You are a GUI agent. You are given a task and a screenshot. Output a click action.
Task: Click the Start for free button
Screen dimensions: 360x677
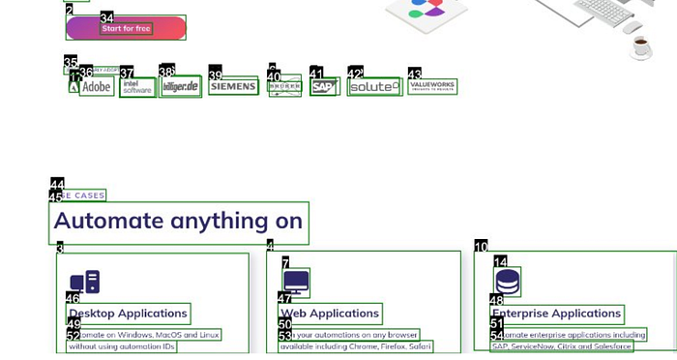click(126, 28)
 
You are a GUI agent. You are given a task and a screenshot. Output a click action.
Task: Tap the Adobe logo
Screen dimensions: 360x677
click(97, 87)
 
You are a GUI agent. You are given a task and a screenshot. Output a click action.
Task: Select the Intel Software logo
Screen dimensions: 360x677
click(137, 88)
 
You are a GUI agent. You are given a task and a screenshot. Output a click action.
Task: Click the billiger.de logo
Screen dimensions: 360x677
click(181, 87)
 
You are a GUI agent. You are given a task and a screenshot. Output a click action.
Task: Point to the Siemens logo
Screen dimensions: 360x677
click(233, 87)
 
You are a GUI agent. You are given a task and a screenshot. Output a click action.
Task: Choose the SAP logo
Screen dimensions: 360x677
click(323, 87)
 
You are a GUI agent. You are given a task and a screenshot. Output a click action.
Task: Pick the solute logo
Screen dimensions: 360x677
click(373, 87)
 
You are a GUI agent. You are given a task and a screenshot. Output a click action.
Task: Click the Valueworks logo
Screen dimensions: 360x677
click(431, 86)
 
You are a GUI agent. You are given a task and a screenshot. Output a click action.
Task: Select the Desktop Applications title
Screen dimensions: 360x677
click(129, 314)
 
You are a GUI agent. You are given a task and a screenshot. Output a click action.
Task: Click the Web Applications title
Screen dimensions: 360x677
click(330, 314)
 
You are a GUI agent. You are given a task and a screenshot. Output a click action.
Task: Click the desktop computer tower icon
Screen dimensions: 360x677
click(85, 283)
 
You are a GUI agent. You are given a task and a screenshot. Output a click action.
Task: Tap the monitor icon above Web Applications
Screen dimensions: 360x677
click(296, 283)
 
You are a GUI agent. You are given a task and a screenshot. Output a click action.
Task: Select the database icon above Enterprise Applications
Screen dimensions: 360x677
click(508, 283)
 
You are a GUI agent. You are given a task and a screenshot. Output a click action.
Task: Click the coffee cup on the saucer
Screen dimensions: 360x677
click(640, 45)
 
